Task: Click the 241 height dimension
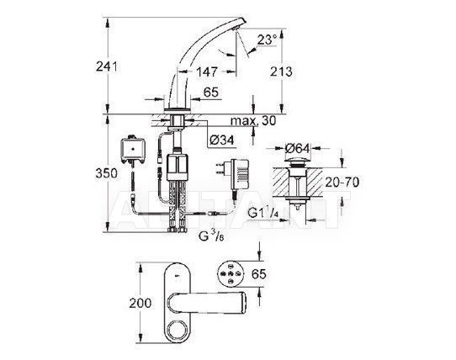107,67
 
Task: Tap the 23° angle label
268,40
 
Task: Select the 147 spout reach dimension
207,71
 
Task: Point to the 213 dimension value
281,71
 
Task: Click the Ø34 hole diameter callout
221,140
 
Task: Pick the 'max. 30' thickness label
253,120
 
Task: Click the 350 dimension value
107,173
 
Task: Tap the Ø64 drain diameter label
298,148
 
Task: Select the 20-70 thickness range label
342,183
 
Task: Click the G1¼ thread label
263,213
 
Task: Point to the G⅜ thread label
211,236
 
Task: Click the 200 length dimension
141,304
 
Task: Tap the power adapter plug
231,173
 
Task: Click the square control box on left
133,149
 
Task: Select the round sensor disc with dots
231,273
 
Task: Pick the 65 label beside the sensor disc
259,274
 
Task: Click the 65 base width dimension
211,93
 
